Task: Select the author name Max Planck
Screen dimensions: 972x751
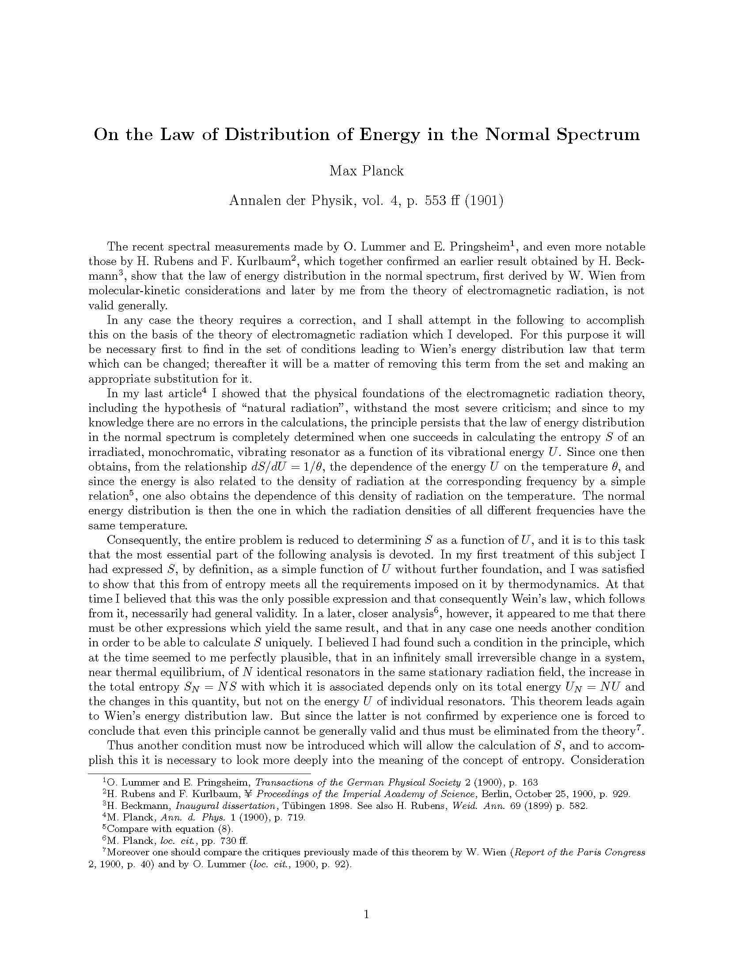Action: point(366,171)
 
